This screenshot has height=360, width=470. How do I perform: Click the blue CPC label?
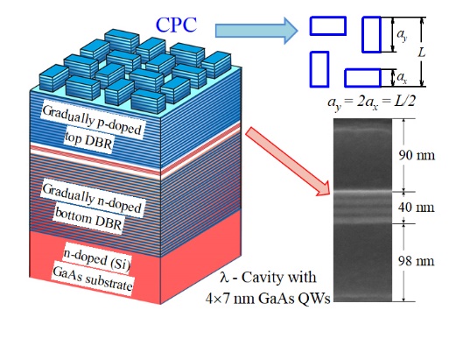[x=176, y=25]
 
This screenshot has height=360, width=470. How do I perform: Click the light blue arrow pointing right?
[x=256, y=31]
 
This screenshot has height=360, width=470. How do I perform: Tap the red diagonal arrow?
[x=288, y=161]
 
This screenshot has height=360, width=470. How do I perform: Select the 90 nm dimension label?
[x=417, y=155]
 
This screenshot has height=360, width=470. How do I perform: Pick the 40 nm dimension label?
[x=417, y=208]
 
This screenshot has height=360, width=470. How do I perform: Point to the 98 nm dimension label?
[x=417, y=261]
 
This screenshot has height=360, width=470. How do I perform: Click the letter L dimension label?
[x=422, y=53]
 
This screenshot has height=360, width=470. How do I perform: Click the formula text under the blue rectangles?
[x=372, y=102]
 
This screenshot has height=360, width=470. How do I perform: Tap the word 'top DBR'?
[x=88, y=141]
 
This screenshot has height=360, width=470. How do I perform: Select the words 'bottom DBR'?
[x=88, y=220]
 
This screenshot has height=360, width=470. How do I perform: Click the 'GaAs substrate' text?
[x=92, y=279]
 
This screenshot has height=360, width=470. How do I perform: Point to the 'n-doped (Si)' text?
[x=97, y=260]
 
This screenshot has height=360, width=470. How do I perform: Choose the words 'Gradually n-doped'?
[x=92, y=198]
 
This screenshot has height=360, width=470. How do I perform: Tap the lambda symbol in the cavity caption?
[x=224, y=277]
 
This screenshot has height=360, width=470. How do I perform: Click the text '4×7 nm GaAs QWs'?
[x=268, y=299]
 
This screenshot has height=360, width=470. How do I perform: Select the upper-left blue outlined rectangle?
[x=328, y=25]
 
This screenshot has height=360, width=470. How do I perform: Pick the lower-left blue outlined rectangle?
[x=319, y=69]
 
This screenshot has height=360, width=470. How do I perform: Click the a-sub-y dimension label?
[x=402, y=35]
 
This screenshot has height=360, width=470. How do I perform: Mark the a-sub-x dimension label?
[x=402, y=78]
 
